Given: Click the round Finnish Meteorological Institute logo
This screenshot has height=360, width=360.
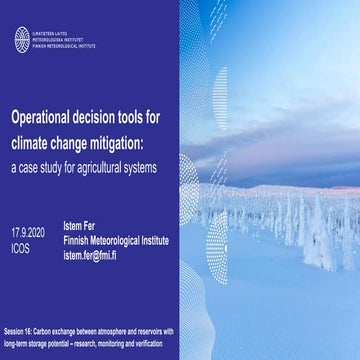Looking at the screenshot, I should click(x=22, y=39).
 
